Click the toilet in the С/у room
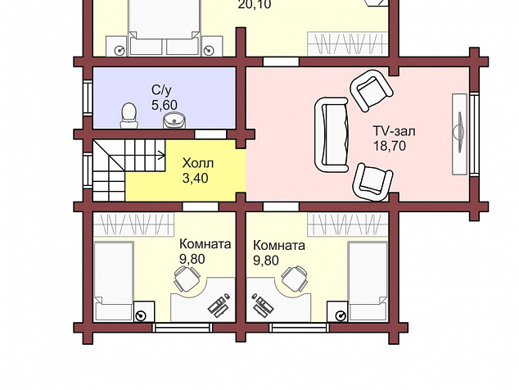tap(129, 116)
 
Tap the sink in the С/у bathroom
tap(174, 120)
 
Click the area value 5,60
tap(165, 105)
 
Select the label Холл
tap(198, 163)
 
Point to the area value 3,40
tap(196, 179)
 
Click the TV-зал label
tap(395, 131)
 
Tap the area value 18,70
tap(390, 146)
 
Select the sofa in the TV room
tap(332, 134)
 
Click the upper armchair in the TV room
tap(372, 90)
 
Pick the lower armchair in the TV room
tap(372, 182)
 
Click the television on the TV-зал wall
tap(459, 133)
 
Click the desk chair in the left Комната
tap(187, 279)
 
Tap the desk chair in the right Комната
tap(295, 279)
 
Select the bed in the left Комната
tap(114, 281)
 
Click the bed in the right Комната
tap(368, 281)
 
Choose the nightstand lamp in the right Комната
tap(341, 315)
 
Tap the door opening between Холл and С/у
tap(210, 134)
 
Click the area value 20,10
tap(255, 5)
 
